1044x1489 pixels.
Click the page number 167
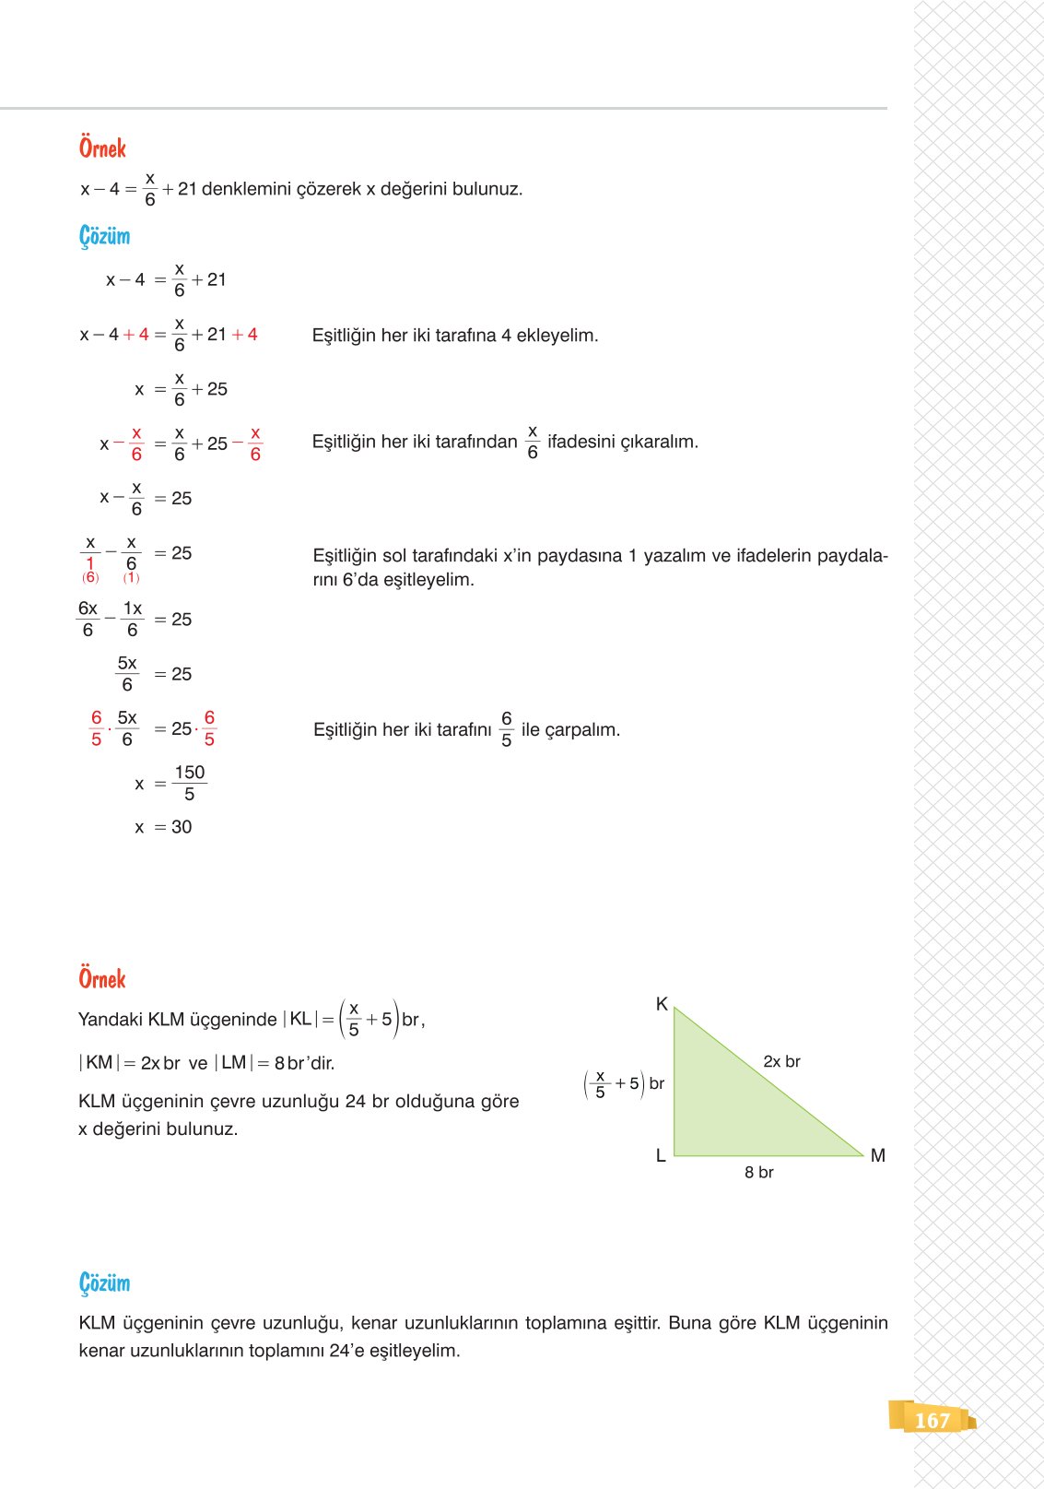pos(932,1421)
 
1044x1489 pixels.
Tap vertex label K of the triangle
pos(662,1004)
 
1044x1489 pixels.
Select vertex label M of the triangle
pos(877,1155)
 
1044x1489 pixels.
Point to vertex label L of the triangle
pos(661,1155)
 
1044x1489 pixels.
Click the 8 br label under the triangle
pos(759,1172)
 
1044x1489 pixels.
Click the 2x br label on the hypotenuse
pos(781,1061)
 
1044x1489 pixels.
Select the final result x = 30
pos(163,827)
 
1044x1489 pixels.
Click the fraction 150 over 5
pos(190,783)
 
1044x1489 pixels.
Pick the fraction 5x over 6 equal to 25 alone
pos(127,674)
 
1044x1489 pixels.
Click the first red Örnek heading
pos(102,148)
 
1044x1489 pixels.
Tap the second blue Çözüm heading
pos(104,1283)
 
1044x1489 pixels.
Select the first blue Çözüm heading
pos(104,236)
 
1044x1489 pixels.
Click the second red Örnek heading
pos(102,978)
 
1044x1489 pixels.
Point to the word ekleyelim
pos(557,336)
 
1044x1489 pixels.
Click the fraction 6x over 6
pos(88,620)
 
